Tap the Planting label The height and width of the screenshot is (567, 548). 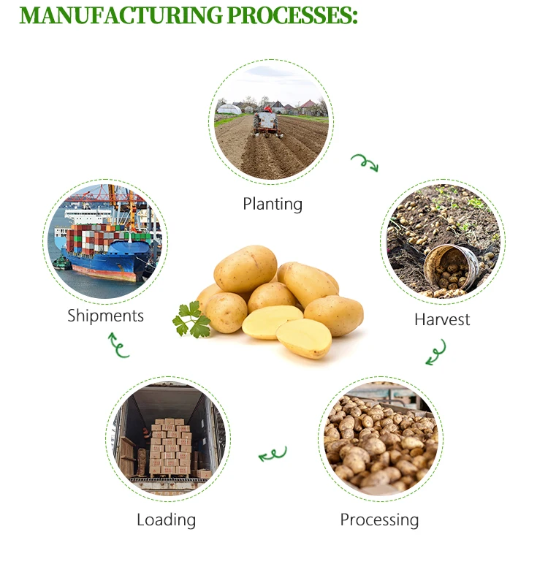coord(273,204)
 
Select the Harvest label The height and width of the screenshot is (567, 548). coord(442,319)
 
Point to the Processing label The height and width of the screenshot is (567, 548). coord(379,520)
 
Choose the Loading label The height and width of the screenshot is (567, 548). coord(167,520)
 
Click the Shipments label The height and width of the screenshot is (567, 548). coord(106,316)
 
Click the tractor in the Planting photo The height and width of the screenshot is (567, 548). coord(268,121)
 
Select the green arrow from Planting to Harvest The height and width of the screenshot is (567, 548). coord(365,162)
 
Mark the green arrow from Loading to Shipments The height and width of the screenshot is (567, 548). coord(118,346)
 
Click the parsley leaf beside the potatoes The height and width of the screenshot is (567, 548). coord(191,319)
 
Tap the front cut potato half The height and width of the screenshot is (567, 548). coord(304,338)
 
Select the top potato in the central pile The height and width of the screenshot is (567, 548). coord(246,268)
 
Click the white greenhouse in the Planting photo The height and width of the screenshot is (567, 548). coord(229,109)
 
